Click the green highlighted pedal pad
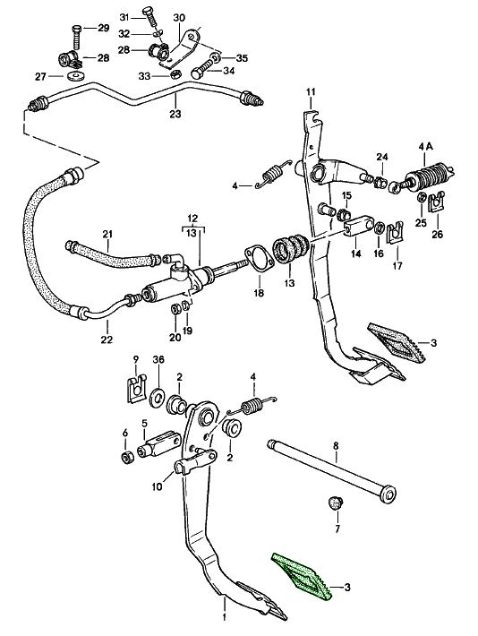click(302, 578)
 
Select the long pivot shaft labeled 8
click(331, 467)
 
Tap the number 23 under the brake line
click(175, 114)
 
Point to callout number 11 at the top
click(311, 92)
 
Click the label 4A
click(424, 145)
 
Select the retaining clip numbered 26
click(437, 205)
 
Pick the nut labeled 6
click(128, 458)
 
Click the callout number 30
click(179, 18)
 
